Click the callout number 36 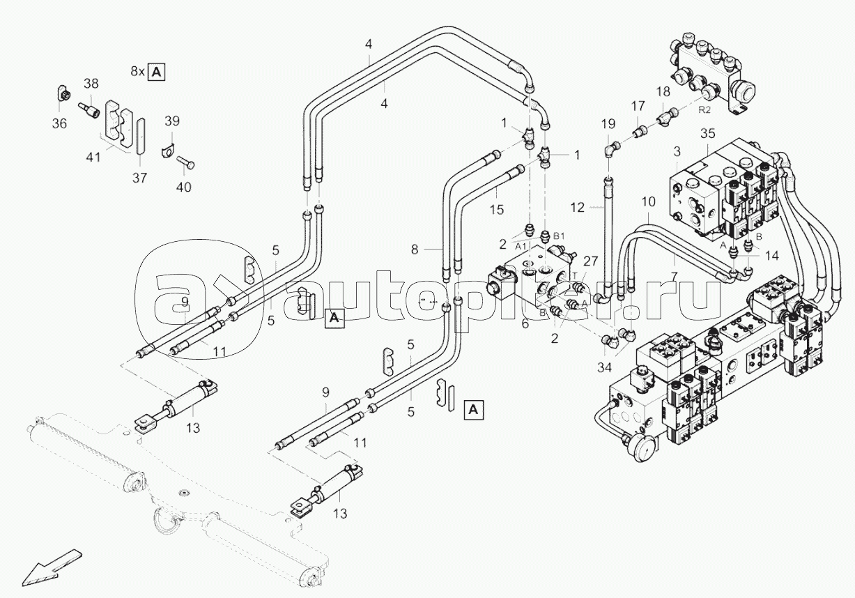pos(60,123)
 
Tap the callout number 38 pos(91,83)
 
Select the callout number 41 pos(93,158)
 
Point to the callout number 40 pos(184,187)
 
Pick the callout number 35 pos(708,134)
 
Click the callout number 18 pos(663,91)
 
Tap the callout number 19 pos(608,125)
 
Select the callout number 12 pos(577,207)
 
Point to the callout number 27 pos(590,261)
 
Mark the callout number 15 pos(495,210)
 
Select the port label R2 pos(705,109)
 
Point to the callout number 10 pos(648,201)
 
